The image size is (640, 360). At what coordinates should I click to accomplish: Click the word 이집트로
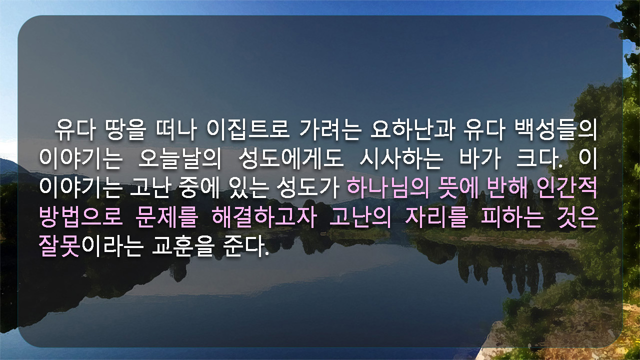[247, 129]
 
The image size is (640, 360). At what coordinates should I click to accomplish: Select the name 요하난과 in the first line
[412, 129]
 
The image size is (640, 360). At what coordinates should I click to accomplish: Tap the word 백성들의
[555, 129]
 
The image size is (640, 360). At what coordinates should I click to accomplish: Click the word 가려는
[330, 129]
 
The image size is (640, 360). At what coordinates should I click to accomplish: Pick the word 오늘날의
[179, 159]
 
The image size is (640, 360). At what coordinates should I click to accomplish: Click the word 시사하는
[401, 159]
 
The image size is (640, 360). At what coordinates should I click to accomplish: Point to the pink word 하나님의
[387, 188]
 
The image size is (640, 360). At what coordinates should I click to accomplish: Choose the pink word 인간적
[567, 188]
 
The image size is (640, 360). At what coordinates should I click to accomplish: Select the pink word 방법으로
[81, 217]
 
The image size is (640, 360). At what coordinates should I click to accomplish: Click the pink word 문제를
[166, 217]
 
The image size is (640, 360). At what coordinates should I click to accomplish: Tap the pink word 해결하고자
[264, 217]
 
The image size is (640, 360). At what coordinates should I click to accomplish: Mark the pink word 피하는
[512, 217]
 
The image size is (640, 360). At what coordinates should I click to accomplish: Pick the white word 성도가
[308, 188]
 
